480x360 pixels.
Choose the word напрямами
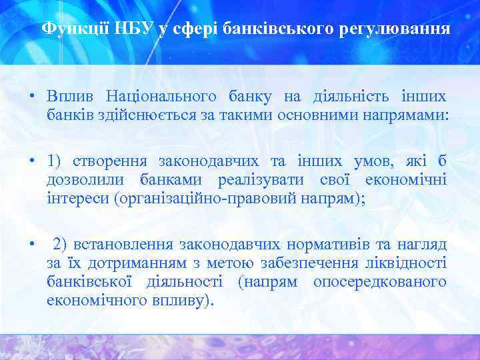point(409,114)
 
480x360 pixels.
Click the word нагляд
point(423,244)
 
